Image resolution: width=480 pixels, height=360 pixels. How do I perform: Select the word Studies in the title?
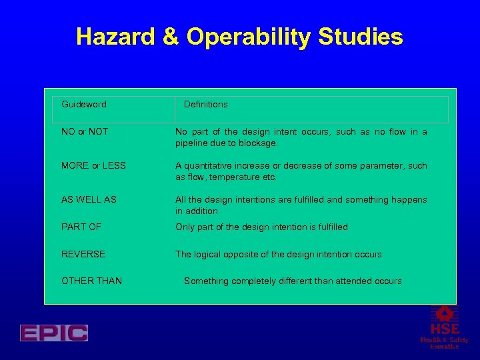pyautogui.click(x=369, y=37)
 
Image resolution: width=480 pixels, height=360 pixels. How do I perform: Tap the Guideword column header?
pyautogui.click(x=84, y=105)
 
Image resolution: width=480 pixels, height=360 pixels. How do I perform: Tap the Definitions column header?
pyautogui.click(x=205, y=105)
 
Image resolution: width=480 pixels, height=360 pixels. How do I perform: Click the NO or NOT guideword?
pyautogui.click(x=85, y=132)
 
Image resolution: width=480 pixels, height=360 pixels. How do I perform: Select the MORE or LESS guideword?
pyautogui.click(x=93, y=166)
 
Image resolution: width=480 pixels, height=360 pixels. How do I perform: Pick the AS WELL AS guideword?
pyautogui.click(x=89, y=200)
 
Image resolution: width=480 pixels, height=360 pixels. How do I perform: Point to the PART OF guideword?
pyautogui.click(x=81, y=227)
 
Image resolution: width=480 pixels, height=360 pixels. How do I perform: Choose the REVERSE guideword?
pyautogui.click(x=83, y=255)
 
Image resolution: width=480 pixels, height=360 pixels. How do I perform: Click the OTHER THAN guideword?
pyautogui.click(x=91, y=281)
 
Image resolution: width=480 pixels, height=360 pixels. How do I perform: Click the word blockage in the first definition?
pyautogui.click(x=257, y=143)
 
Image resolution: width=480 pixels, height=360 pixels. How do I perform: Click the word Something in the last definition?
pyautogui.click(x=206, y=281)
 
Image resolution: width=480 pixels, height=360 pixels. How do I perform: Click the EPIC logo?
pyautogui.click(x=54, y=333)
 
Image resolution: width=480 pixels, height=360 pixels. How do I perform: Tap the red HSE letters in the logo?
pyautogui.click(x=444, y=329)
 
